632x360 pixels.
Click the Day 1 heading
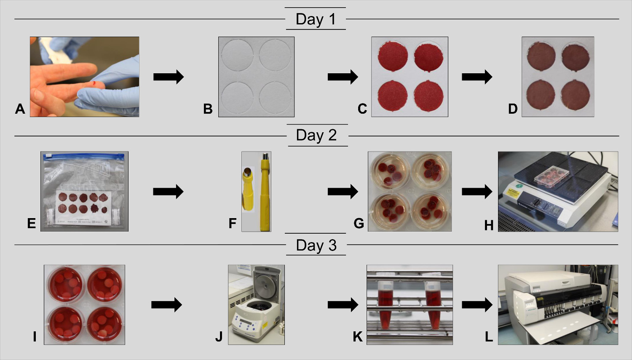pos(316,19)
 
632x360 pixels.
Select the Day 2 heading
pos(316,135)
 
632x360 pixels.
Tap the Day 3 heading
pos(316,245)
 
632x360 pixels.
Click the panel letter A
pos(20,109)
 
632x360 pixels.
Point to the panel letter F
pos(232,223)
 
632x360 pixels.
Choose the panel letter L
pos(489,337)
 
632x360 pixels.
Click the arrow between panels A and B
pos(168,77)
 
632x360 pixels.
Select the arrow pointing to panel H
pos(477,192)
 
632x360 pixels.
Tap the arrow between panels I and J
pos(166,304)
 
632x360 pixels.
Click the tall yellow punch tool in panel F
pos(265,192)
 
